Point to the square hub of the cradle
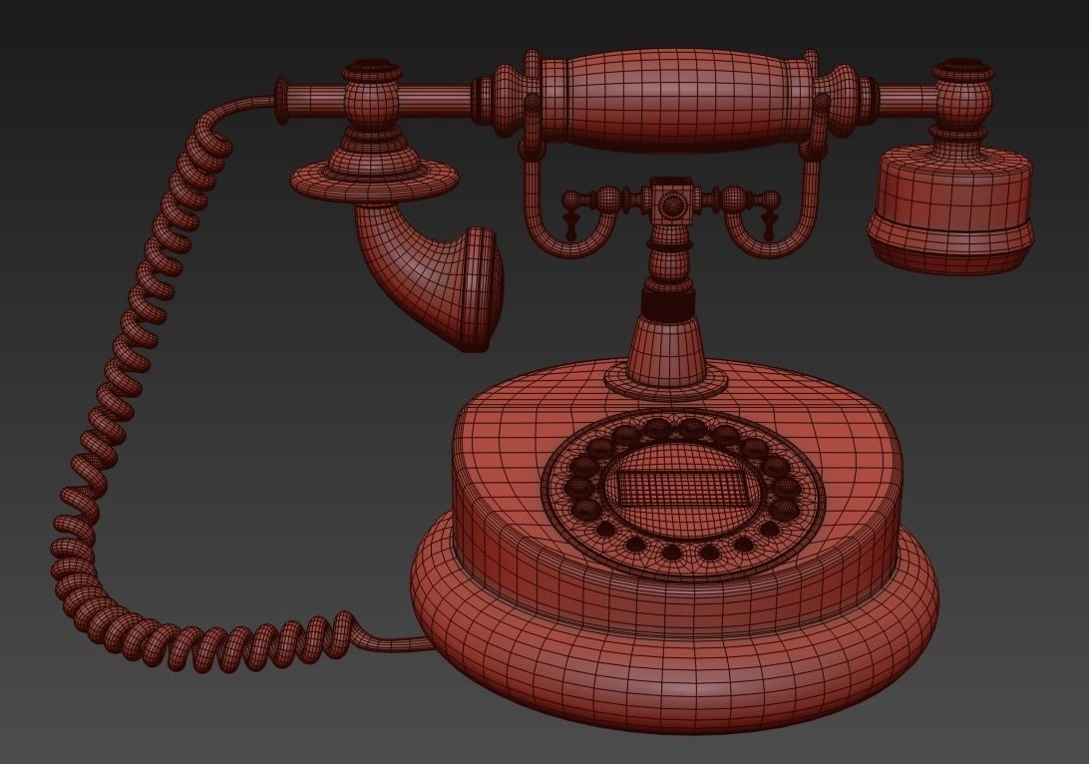coord(674,203)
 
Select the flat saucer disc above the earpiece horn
coord(374,180)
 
